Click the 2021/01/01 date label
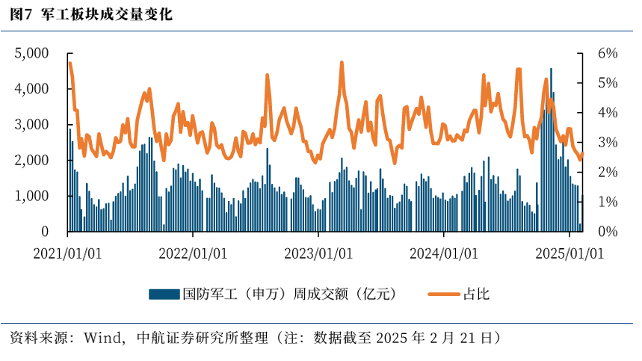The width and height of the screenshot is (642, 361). (x=67, y=253)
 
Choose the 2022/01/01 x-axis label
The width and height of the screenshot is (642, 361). (x=193, y=253)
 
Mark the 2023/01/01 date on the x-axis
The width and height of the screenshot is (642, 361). (x=318, y=253)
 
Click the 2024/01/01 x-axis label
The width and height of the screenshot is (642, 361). (x=444, y=253)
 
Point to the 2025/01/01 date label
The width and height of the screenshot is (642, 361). (x=570, y=253)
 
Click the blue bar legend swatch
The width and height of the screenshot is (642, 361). (x=164, y=294)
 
